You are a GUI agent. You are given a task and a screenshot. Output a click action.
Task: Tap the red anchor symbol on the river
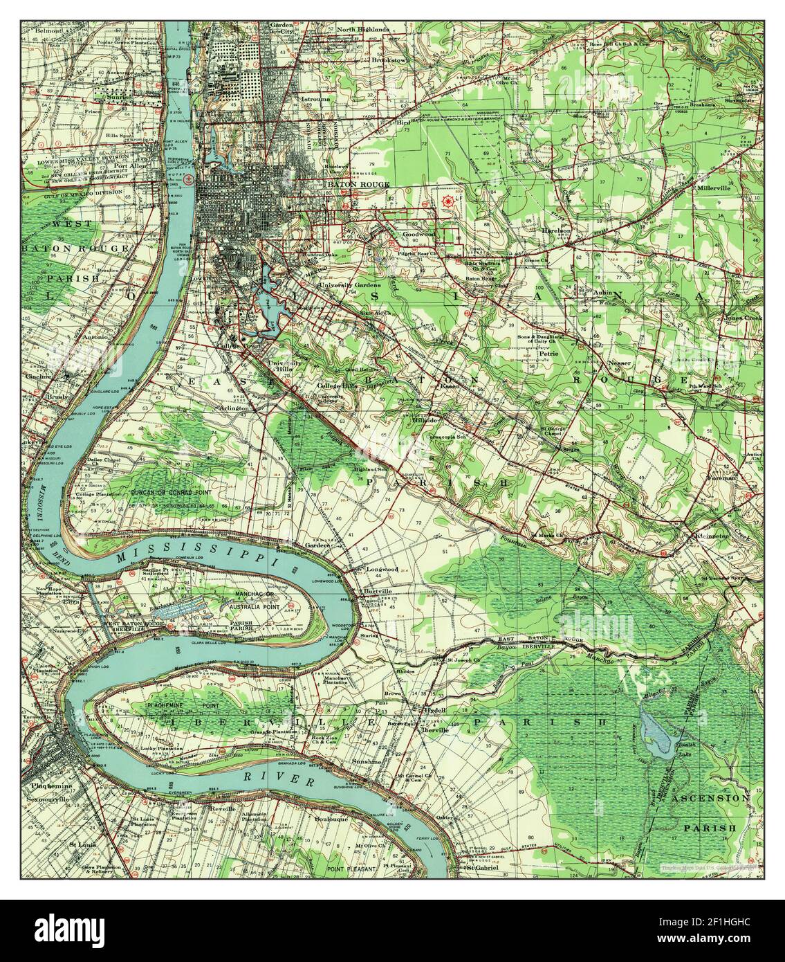(187, 179)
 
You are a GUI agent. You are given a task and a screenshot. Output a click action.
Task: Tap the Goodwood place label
(418, 235)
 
